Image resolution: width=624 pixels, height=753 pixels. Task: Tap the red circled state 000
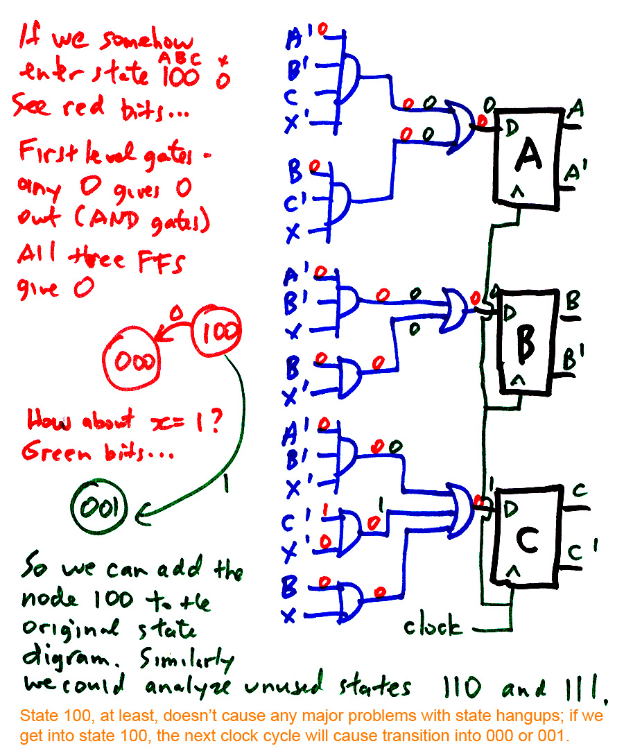click(131, 361)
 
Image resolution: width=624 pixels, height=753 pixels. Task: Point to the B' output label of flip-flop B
click(575, 361)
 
